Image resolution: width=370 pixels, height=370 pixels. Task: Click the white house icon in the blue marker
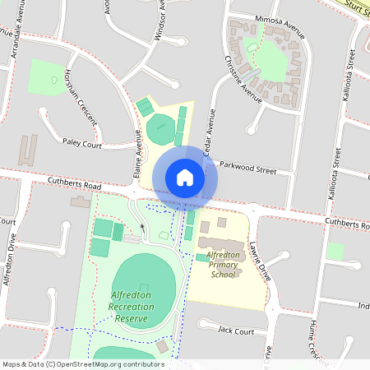[x=185, y=177]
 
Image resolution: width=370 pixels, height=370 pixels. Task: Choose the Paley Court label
[x=81, y=145]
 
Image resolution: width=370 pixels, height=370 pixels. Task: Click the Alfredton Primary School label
[x=223, y=265]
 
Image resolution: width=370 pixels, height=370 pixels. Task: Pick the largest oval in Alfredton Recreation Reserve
[x=143, y=280]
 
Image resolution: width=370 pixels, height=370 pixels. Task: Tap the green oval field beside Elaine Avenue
[x=160, y=130]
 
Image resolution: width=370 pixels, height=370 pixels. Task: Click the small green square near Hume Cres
[x=335, y=251]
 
